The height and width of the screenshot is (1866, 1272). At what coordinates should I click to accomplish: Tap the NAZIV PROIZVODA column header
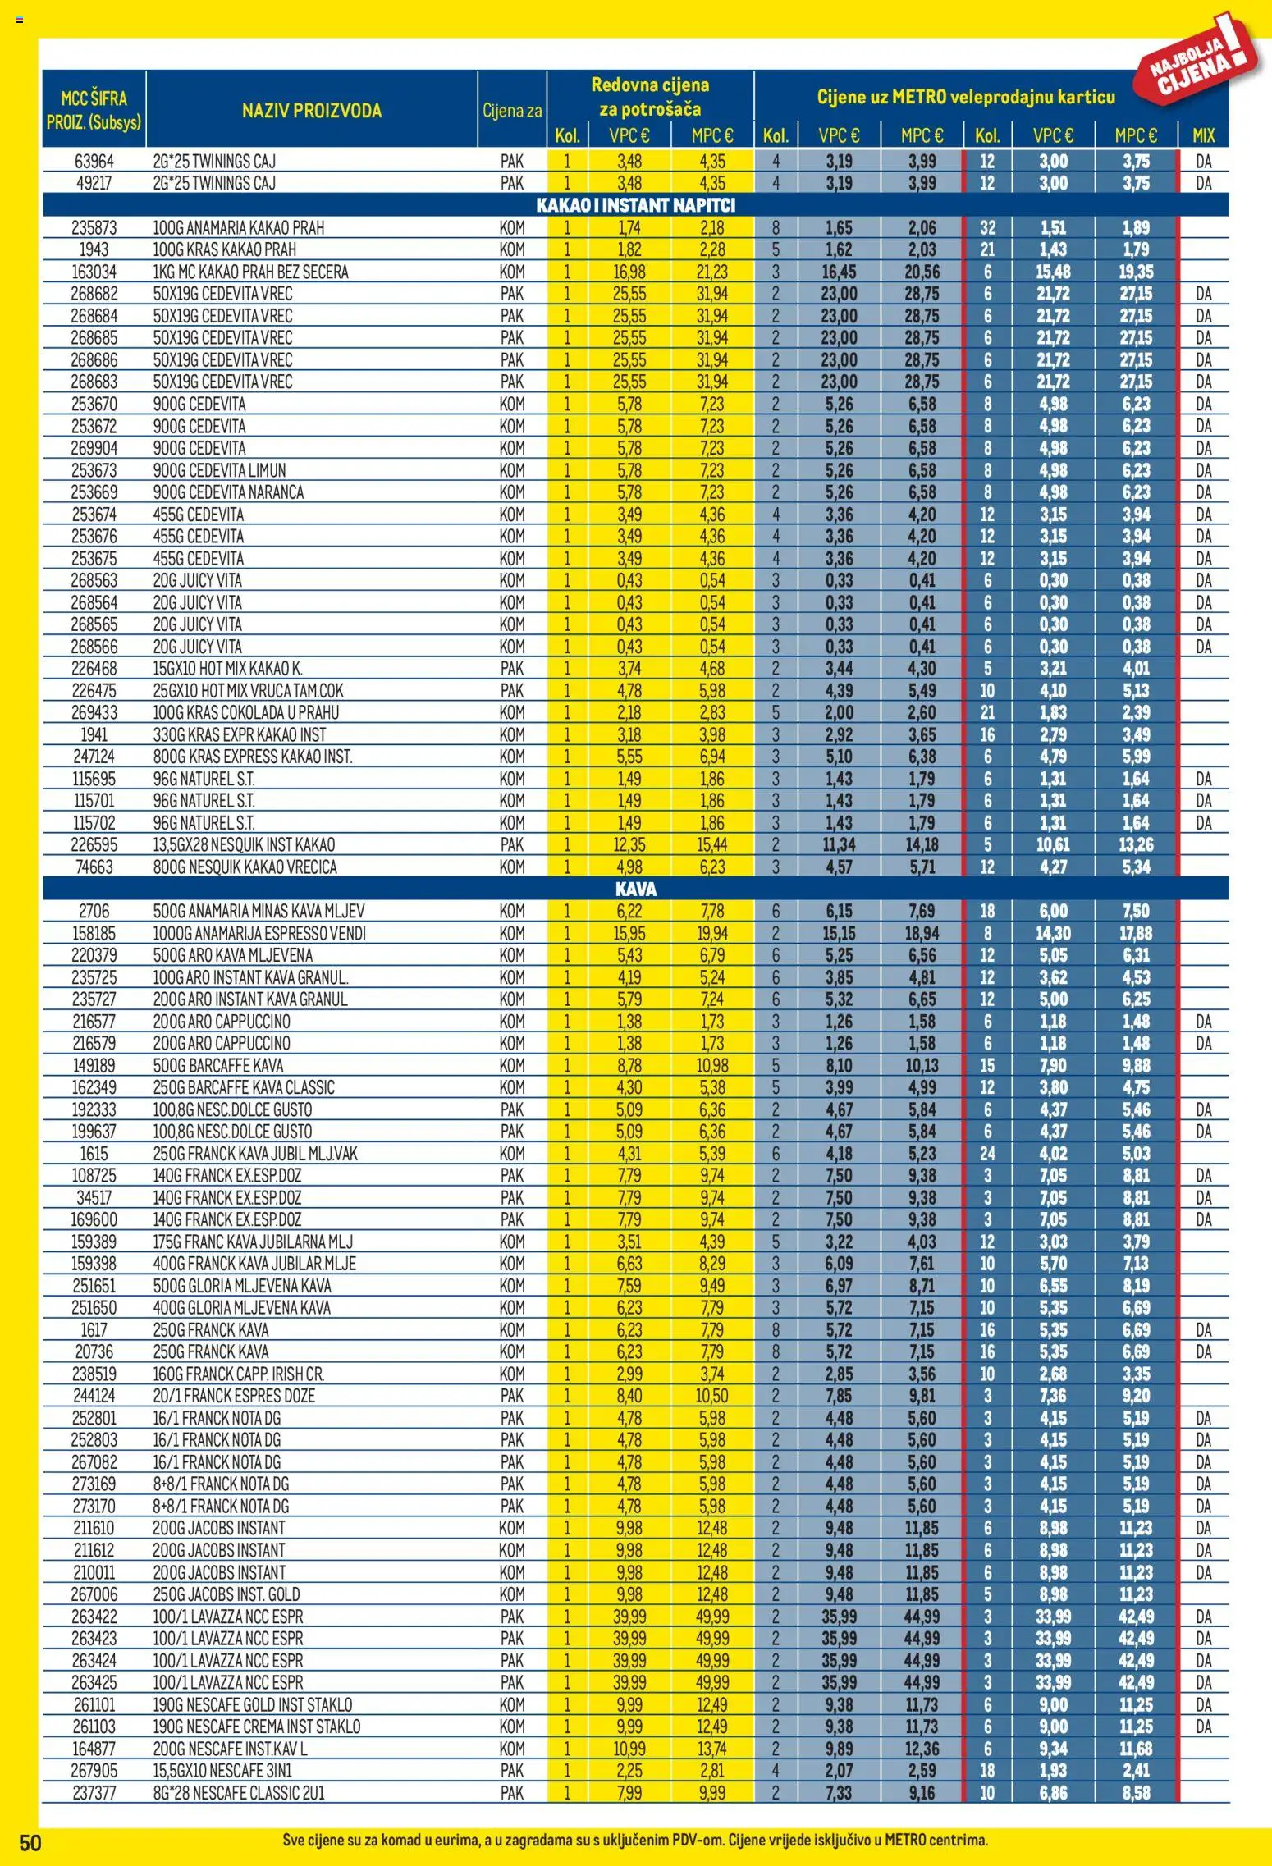click(311, 111)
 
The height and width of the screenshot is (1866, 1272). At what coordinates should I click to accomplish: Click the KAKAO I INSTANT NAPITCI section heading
click(635, 205)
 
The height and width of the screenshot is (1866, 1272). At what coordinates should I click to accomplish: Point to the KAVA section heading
click(635, 889)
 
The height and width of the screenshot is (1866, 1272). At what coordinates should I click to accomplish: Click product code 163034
click(94, 272)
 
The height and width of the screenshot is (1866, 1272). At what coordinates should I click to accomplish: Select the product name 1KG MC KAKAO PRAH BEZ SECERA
click(250, 272)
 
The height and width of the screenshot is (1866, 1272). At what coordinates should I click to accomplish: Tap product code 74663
click(94, 867)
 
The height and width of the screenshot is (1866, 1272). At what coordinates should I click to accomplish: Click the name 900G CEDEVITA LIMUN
click(219, 470)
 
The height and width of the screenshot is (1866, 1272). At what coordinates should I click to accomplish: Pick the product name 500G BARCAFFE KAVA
click(217, 1065)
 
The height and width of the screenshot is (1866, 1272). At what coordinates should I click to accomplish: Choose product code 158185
click(94, 933)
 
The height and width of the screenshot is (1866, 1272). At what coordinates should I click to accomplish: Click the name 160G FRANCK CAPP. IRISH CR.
click(238, 1374)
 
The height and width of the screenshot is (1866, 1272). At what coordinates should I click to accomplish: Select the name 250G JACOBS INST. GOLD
click(226, 1594)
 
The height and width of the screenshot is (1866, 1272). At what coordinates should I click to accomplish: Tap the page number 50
click(30, 1843)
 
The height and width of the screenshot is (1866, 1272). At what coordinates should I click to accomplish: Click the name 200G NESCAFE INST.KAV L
click(230, 1749)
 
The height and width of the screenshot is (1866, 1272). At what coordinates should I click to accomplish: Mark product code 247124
click(94, 757)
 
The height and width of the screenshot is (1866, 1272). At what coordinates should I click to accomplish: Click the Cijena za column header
click(512, 111)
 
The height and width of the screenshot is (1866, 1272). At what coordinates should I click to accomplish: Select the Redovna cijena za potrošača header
click(650, 97)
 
